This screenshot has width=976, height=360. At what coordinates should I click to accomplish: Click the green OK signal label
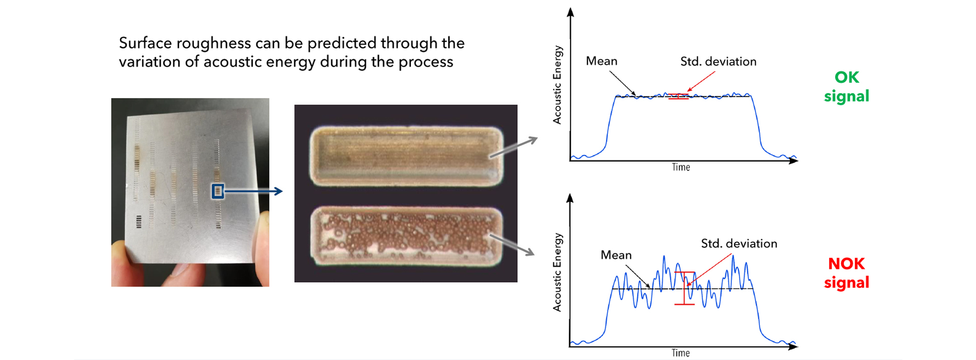(846, 86)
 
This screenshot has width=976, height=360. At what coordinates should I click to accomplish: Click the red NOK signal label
(846, 273)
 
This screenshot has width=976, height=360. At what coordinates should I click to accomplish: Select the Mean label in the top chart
(602, 61)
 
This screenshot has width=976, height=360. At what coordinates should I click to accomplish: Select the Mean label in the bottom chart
(616, 255)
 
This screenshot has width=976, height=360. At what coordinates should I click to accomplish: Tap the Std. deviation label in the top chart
(718, 62)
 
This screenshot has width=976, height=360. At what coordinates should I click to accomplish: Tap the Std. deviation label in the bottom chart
(739, 244)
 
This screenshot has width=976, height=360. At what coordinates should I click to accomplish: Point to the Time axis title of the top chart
(681, 167)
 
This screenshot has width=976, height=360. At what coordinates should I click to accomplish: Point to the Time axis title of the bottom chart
(681, 353)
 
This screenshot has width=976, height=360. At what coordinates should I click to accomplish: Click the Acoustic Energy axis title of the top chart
(557, 85)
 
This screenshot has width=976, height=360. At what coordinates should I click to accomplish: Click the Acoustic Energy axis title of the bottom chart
(557, 273)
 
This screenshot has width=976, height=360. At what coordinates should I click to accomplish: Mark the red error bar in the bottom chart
(685, 288)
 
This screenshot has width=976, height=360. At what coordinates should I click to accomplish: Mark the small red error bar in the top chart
(678, 96)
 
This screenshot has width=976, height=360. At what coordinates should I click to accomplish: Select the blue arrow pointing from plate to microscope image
(253, 191)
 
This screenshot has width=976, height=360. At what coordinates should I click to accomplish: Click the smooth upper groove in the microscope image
(406, 156)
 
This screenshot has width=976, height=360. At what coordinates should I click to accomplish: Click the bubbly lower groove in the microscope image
(406, 235)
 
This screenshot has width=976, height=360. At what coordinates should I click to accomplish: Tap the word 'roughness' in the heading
(214, 44)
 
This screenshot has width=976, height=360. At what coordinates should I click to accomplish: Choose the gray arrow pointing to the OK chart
(513, 147)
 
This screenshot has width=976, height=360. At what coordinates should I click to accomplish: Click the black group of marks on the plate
(139, 222)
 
